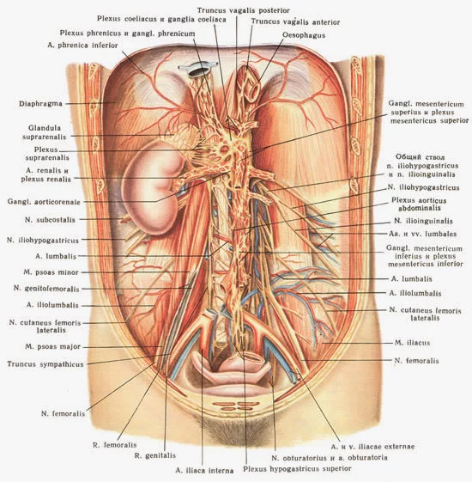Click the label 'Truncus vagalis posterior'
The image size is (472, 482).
(243, 10)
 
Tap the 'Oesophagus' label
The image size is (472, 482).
(304, 35)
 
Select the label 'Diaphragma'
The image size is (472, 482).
(40, 104)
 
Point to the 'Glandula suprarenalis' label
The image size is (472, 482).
(45, 132)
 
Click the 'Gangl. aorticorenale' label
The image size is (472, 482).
(44, 202)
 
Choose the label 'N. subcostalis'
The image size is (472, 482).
(50, 220)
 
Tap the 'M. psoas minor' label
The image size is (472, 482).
(51, 272)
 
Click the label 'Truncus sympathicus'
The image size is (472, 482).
(45, 364)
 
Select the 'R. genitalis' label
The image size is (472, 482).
(155, 455)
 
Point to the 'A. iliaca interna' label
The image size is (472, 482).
(204, 470)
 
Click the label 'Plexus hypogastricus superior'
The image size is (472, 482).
(297, 469)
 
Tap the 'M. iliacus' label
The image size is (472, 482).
(412, 343)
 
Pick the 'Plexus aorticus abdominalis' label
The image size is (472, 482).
(419, 204)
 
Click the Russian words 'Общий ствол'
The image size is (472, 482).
(420, 157)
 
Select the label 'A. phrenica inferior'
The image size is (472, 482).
(82, 46)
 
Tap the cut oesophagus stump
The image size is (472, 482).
(250, 84)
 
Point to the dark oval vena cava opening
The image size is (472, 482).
(198, 71)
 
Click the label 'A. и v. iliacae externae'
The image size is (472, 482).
(372, 446)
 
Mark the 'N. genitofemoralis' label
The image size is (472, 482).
(46, 289)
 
